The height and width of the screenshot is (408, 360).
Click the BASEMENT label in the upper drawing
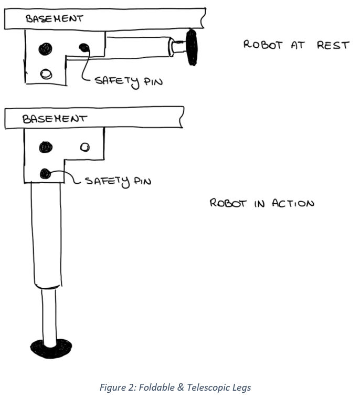tap(54, 19)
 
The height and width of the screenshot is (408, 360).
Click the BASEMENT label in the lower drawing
tap(54, 119)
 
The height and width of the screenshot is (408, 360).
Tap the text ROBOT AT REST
tap(296, 45)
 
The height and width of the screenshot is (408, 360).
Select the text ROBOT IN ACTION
tap(262, 203)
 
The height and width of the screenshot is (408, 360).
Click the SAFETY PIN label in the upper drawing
tap(129, 81)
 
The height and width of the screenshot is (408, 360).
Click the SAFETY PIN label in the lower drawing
tap(118, 181)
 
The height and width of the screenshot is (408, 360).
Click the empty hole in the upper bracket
tap(47, 74)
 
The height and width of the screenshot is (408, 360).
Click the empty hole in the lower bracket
tap(84, 147)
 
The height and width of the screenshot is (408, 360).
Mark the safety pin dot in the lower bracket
tap(46, 173)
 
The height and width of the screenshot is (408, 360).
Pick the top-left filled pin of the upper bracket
tap(46, 49)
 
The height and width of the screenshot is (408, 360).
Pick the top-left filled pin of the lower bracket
tap(46, 148)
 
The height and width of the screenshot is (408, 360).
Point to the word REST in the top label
tap(333, 45)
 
